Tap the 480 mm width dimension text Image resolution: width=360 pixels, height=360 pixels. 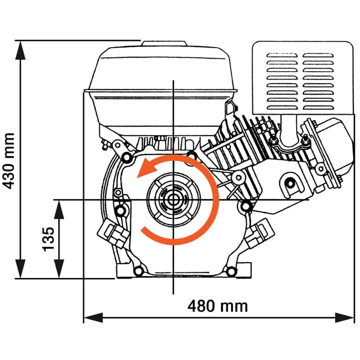(x=218, y=306)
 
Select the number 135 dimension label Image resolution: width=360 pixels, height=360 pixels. (x=49, y=239)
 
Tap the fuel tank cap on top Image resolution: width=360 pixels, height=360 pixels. (x=164, y=44)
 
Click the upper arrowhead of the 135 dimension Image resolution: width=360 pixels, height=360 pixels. (x=59, y=209)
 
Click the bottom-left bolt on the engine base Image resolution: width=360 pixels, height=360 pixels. (x=139, y=271)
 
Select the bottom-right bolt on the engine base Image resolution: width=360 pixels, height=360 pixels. (x=231, y=271)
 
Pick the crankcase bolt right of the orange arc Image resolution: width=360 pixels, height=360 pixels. (x=245, y=205)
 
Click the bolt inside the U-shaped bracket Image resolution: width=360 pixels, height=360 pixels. (x=290, y=182)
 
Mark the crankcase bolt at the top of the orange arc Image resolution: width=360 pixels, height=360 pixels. (x=192, y=155)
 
